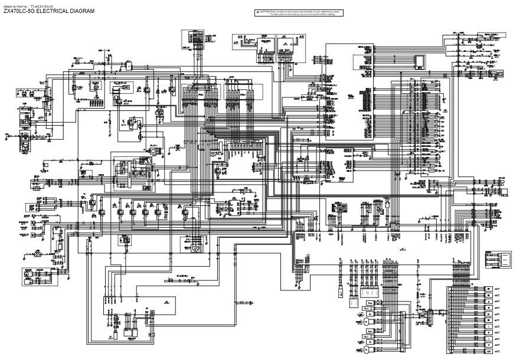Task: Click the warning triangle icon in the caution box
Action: (258, 11)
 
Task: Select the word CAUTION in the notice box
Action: (266, 11)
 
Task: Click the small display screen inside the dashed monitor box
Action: (420, 62)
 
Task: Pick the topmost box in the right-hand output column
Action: (489, 289)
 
